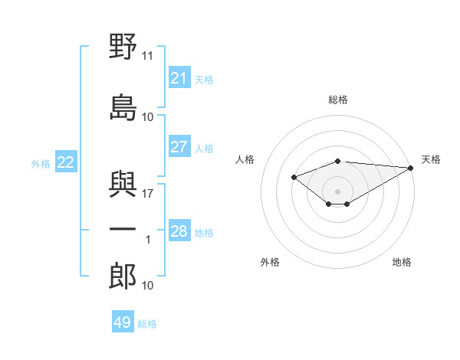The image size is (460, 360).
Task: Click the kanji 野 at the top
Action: click(x=123, y=46)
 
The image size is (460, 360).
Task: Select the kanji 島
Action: click(x=123, y=107)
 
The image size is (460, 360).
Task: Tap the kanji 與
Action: click(x=123, y=184)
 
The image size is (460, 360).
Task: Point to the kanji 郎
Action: click(x=123, y=276)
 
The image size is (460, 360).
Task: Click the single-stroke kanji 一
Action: click(x=123, y=229)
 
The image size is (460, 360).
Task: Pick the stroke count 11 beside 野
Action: click(x=147, y=56)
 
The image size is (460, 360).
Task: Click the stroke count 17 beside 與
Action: click(x=147, y=194)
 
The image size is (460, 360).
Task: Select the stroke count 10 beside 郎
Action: click(x=147, y=286)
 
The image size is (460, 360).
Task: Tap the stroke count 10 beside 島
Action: click(x=147, y=117)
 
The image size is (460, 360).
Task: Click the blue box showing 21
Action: click(x=179, y=77)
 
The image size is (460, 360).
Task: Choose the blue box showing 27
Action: click(x=179, y=146)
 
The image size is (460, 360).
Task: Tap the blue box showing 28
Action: click(x=179, y=230)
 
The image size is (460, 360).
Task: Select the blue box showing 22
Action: click(x=66, y=162)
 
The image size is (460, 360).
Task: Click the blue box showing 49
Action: click(x=123, y=321)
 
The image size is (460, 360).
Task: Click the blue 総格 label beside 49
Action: click(x=147, y=324)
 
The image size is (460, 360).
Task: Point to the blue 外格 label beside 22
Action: click(x=41, y=164)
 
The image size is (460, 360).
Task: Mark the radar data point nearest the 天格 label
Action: click(x=411, y=168)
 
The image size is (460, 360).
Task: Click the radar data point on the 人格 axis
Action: click(x=294, y=178)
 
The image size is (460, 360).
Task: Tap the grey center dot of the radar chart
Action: click(x=337, y=191)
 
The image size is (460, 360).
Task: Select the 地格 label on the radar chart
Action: click(x=402, y=262)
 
